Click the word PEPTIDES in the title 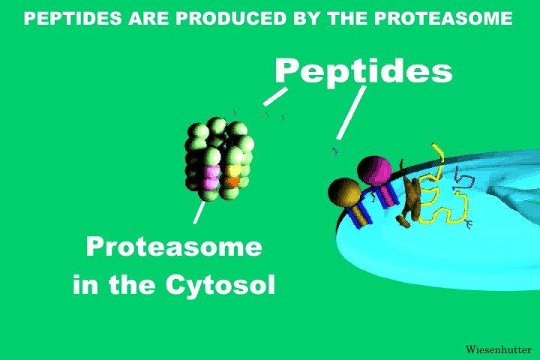point(73,18)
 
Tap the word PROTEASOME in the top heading point(443,18)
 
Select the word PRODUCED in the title point(231,18)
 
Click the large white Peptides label point(363,70)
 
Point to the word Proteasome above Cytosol point(174,247)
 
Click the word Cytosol point(220,284)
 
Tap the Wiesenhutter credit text point(498,349)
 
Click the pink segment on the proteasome point(211,177)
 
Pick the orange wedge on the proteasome point(233,181)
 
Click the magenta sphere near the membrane point(374,171)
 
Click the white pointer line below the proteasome point(199,212)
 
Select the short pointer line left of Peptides point(275,97)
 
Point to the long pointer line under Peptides point(351,112)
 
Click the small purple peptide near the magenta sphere point(334,151)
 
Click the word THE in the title point(349,18)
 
